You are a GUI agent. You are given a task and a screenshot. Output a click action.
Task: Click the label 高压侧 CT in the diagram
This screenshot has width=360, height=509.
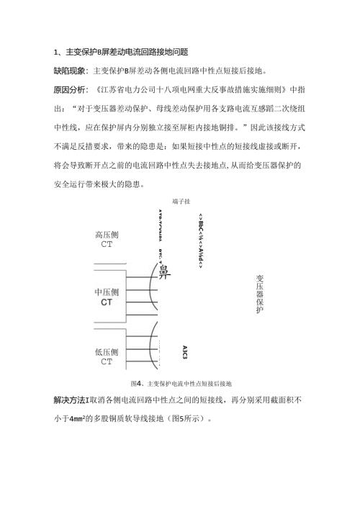(x=106, y=240)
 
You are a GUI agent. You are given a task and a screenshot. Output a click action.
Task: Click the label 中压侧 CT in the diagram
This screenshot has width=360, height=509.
(x=106, y=297)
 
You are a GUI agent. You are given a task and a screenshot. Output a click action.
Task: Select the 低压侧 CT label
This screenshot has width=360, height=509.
(x=106, y=356)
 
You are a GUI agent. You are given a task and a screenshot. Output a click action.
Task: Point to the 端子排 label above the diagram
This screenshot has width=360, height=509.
(x=181, y=201)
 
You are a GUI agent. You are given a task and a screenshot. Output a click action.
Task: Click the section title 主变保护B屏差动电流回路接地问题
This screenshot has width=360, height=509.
(x=127, y=52)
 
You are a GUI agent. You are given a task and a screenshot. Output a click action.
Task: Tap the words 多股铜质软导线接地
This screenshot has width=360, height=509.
(x=134, y=417)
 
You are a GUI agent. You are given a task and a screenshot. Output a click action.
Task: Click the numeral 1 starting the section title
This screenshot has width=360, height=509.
(x=56, y=52)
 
